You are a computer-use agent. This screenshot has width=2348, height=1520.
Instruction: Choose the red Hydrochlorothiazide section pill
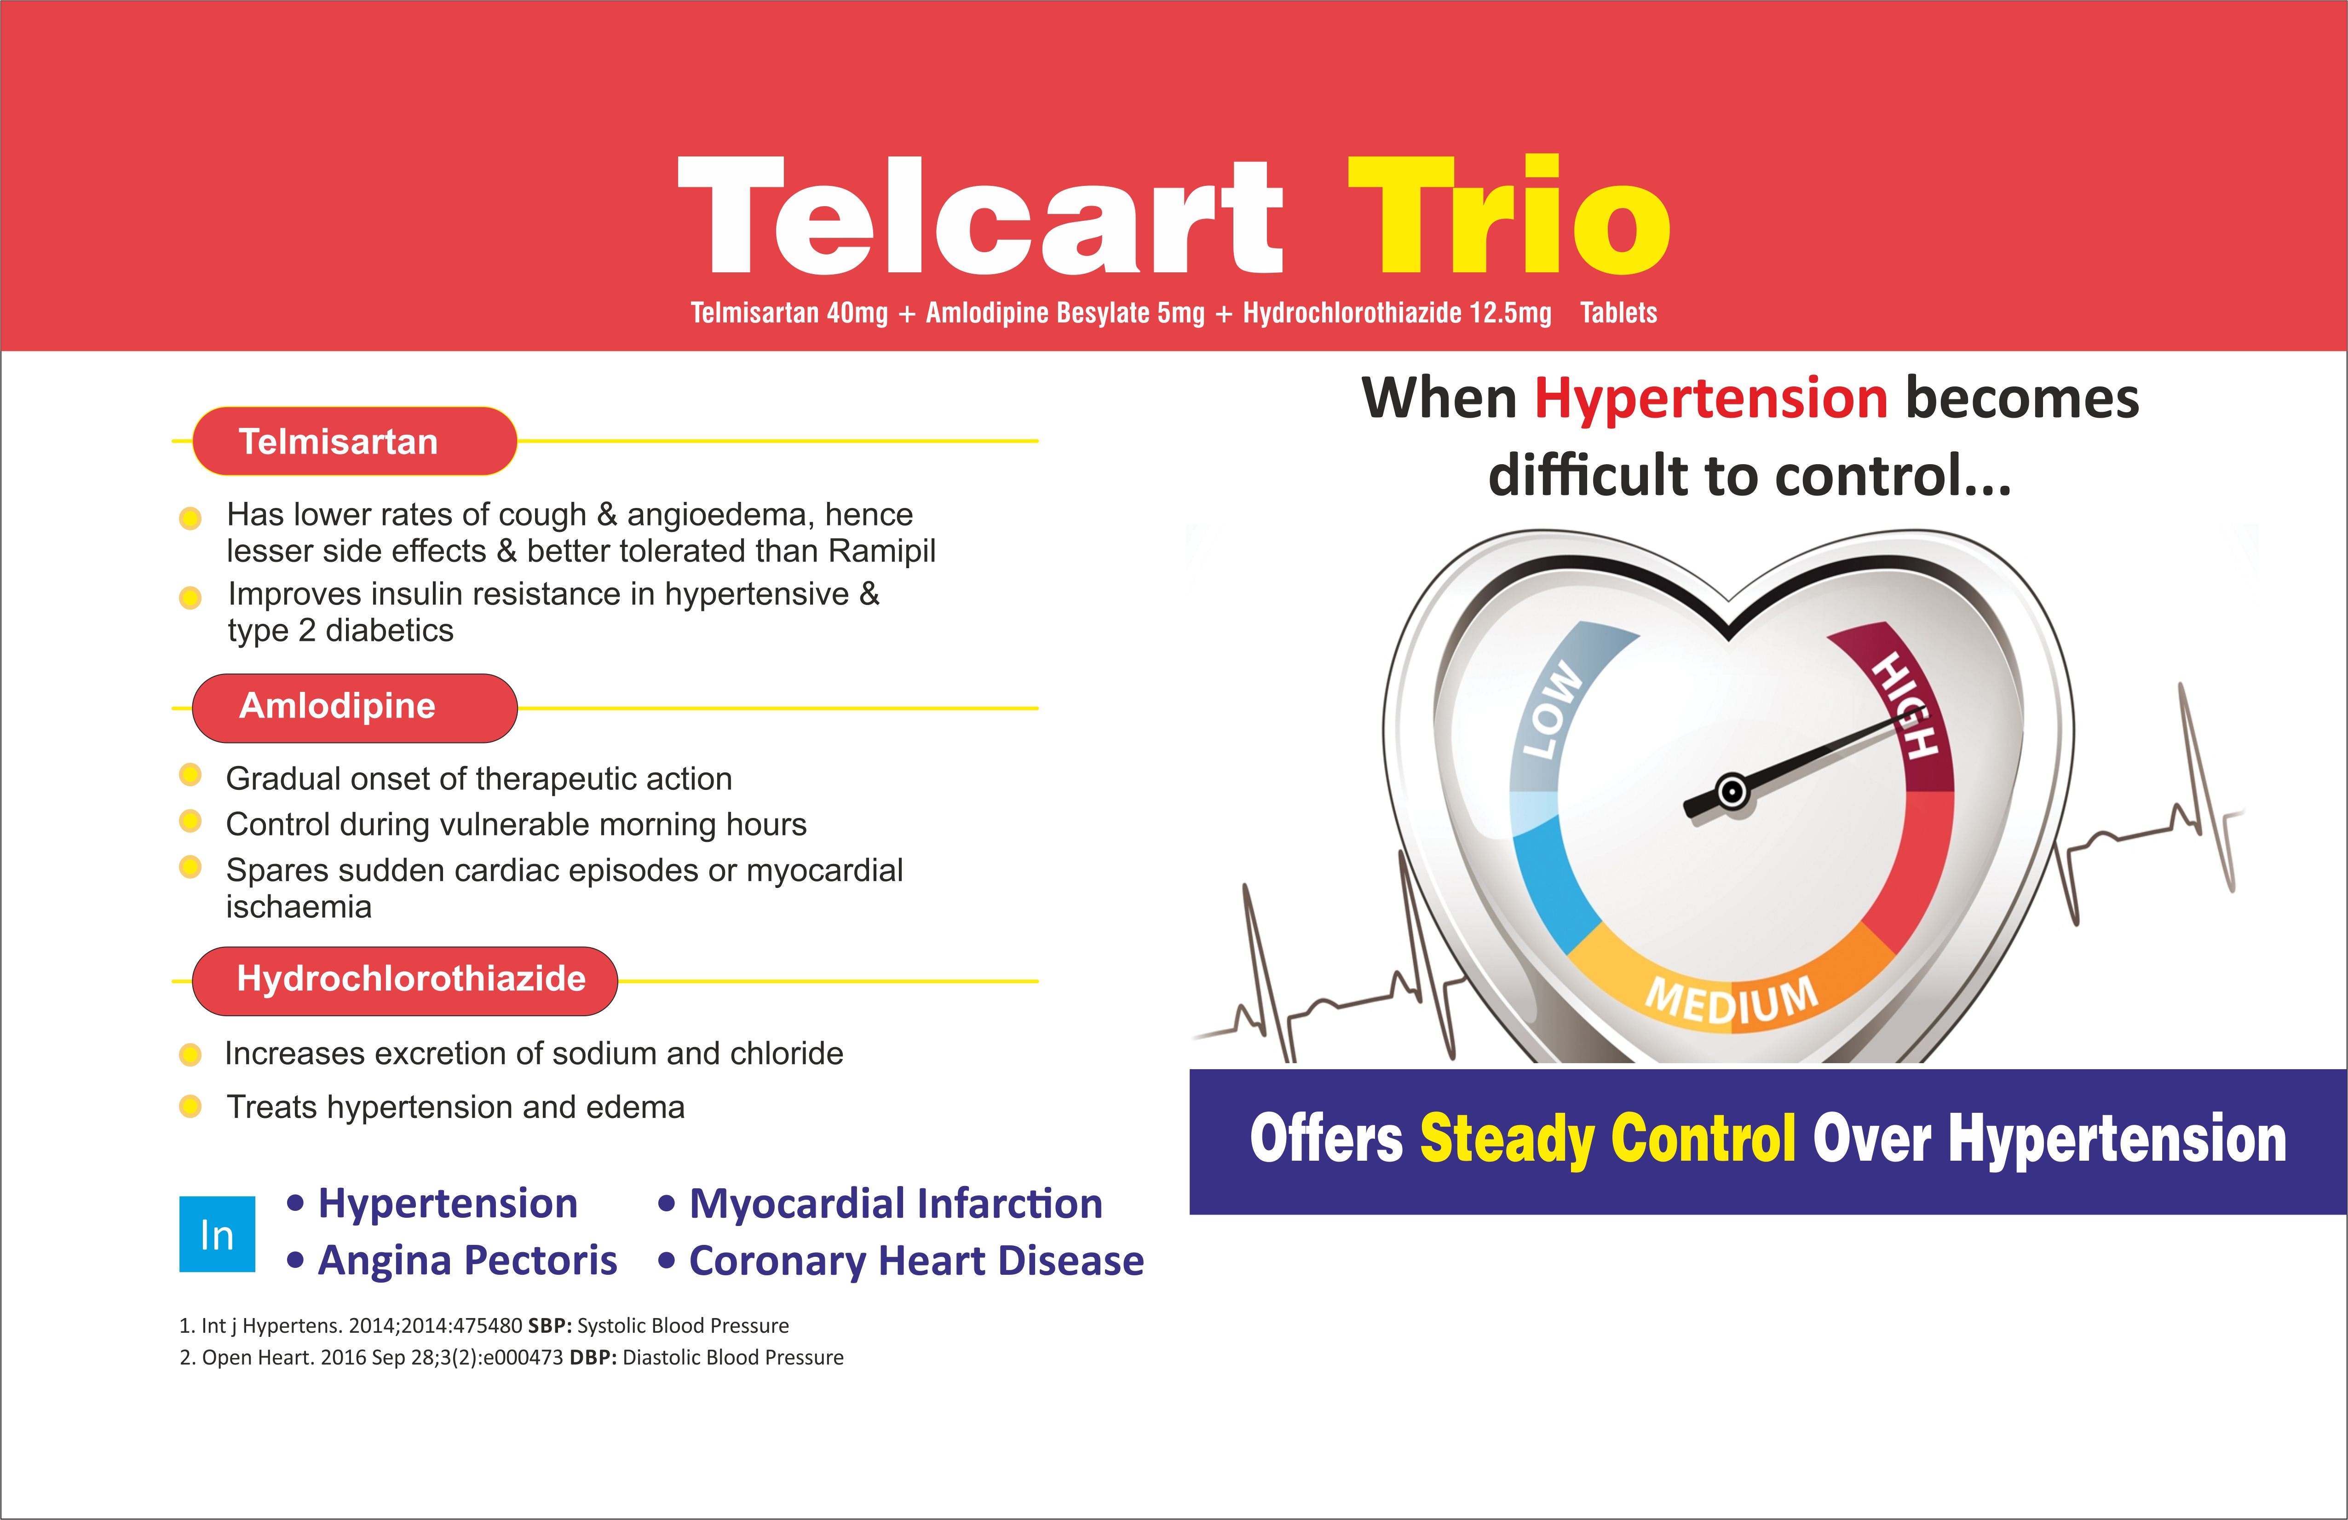tap(404, 980)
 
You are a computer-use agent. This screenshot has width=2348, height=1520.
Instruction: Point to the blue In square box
tap(217, 1234)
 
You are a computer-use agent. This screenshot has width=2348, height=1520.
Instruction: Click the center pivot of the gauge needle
tap(1732, 791)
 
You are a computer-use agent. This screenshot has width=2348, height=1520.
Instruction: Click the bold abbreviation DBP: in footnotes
tap(593, 1357)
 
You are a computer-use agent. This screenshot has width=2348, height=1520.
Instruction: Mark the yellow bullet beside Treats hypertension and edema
tap(190, 1107)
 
